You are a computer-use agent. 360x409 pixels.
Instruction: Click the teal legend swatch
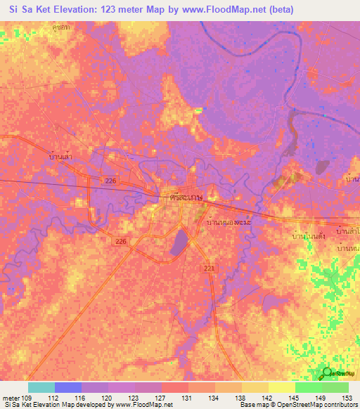pyautogui.click(x=41, y=387)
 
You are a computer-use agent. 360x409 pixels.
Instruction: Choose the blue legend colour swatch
pyautogui.click(x=68, y=387)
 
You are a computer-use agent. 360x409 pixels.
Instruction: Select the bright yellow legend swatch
pyautogui.click(x=281, y=387)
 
